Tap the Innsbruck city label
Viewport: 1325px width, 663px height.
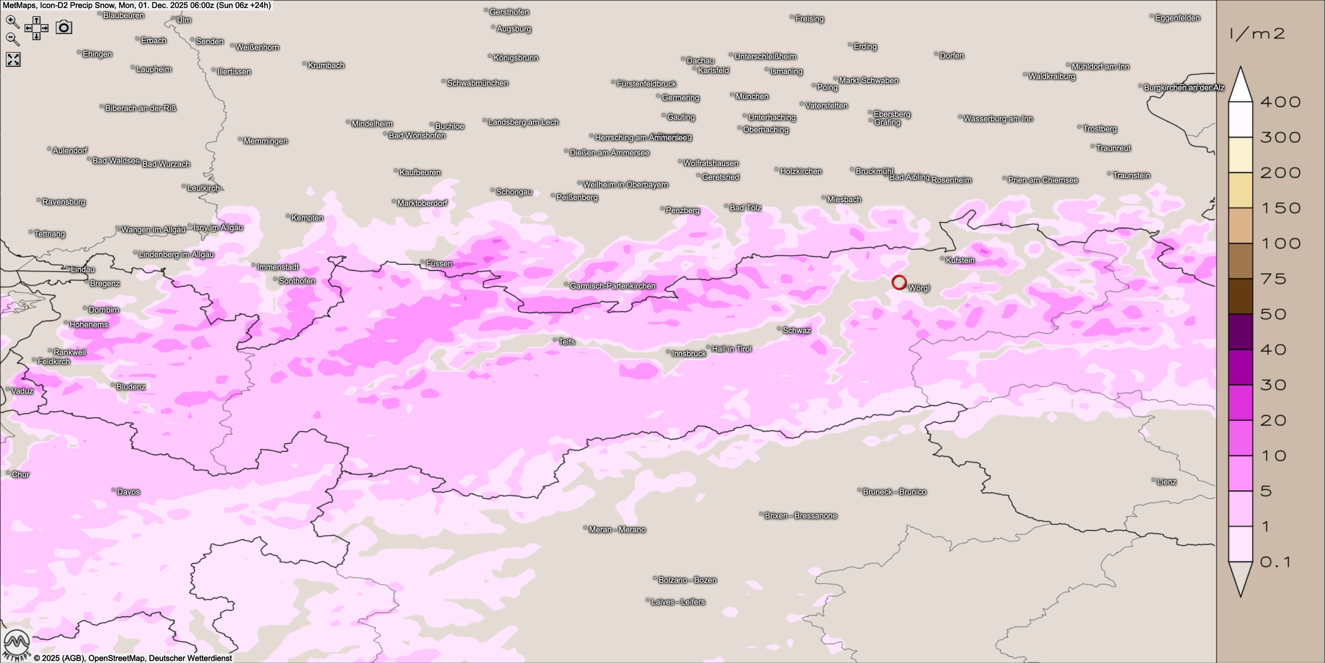689,354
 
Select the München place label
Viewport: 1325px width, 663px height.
752,96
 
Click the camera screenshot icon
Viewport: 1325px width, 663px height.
64,27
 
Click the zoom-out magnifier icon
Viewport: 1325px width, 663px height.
12,39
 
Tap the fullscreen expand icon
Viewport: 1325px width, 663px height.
13,60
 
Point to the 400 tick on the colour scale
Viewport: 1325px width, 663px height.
1280,102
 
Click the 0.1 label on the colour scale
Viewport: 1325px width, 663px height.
1275,562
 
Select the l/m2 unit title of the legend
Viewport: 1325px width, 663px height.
1257,34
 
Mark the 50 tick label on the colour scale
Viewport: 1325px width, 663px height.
1273,314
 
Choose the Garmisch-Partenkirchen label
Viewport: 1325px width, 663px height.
612,286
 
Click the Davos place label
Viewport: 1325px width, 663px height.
128,492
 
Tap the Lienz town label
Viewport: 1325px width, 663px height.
1166,482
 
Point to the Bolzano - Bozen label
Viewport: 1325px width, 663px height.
687,580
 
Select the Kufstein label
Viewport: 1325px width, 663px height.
960,260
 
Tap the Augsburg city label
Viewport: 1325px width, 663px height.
513,29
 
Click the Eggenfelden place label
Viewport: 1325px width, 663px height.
1177,18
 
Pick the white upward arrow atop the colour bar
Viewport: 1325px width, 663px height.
1240,84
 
